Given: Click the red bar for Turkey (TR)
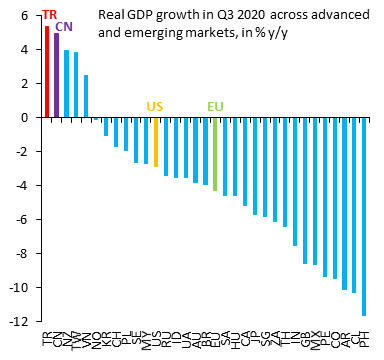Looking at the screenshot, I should pos(47,72).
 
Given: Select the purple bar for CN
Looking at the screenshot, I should pos(57,75).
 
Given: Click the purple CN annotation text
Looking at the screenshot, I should pos(63,27).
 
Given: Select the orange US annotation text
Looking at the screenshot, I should pos(155,106).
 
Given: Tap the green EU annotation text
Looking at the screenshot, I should pos(215,106).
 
